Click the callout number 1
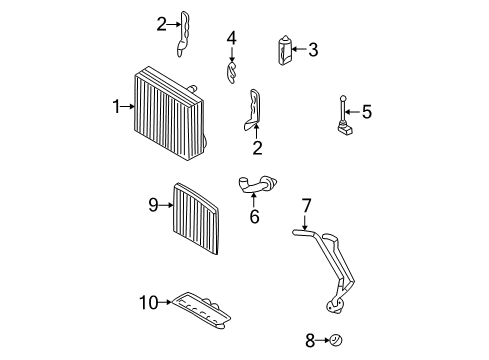click(116, 105)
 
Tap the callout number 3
click(313, 49)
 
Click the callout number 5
click(366, 113)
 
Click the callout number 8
click(309, 341)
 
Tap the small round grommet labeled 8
click(337, 341)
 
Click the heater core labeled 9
click(197, 218)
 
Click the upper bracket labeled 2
click(186, 33)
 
